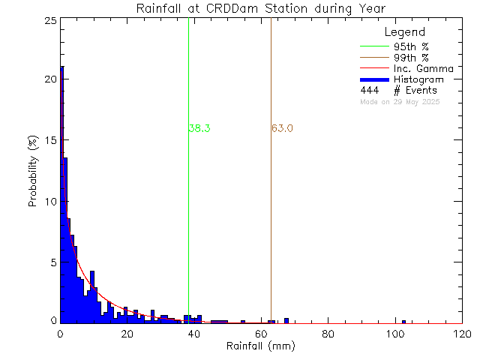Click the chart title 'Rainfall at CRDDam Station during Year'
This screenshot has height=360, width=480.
click(x=260, y=8)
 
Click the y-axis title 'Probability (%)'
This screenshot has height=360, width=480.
click(x=33, y=171)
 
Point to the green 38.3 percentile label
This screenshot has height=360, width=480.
click(x=199, y=128)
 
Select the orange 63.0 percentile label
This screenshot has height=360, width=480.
click(x=282, y=128)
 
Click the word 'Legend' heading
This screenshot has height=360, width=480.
click(x=404, y=32)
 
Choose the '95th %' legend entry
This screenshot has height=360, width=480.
click(x=409, y=46)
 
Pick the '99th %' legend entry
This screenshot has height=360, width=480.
click(x=409, y=57)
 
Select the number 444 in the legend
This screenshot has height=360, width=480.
click(x=368, y=91)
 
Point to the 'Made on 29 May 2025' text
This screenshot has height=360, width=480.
click(x=400, y=101)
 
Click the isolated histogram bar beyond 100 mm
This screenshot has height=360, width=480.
click(x=403, y=322)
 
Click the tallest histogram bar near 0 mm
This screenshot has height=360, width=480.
click(x=62, y=195)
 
